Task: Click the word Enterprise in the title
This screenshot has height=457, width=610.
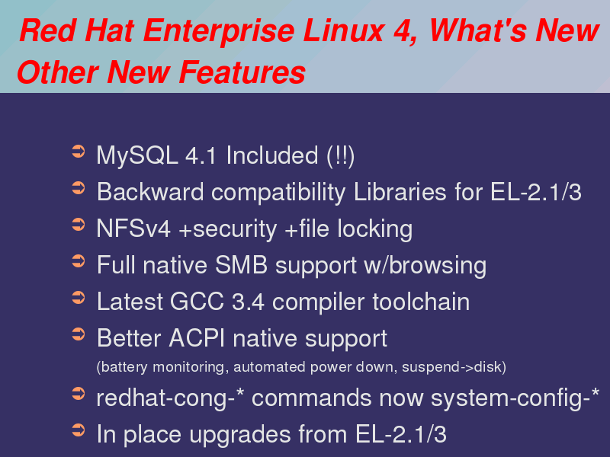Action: [219, 32]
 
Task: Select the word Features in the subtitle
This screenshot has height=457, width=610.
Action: [242, 72]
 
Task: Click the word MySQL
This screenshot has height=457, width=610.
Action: [137, 156]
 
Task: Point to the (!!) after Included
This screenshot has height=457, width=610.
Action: [341, 156]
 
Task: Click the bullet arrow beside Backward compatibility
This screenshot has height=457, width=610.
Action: [79, 188]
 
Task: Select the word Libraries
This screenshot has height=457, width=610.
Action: [400, 192]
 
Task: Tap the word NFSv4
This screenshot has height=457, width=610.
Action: [133, 228]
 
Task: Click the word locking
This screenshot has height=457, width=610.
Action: [374, 229]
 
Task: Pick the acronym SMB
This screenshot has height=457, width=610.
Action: [241, 265]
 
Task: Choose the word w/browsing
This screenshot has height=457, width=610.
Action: [425, 266]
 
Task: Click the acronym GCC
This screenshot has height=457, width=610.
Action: [197, 302]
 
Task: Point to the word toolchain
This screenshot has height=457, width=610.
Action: [421, 302]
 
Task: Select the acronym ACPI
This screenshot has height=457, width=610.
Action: [197, 338]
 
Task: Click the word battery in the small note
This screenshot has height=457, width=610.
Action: [122, 367]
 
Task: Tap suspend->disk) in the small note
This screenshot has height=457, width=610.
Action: [454, 367]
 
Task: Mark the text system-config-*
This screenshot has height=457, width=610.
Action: [515, 398]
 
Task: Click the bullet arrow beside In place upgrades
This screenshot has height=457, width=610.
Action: [79, 430]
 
